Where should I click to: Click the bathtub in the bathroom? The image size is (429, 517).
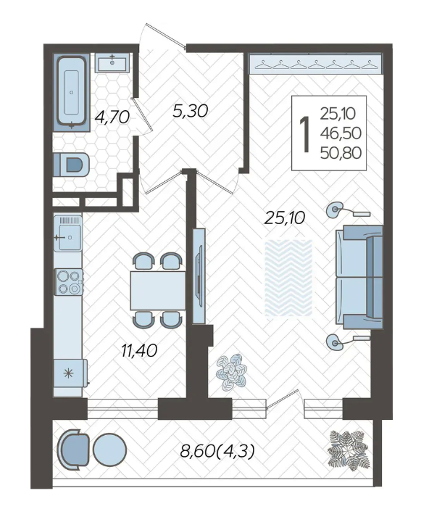72,92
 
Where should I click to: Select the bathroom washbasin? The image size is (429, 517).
112,62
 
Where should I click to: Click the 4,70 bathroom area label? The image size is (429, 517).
112,117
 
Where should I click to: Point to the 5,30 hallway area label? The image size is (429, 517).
190,111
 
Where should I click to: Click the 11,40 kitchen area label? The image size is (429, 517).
139,350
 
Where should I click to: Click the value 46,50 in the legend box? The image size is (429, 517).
341,133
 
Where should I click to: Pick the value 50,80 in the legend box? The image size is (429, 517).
341,153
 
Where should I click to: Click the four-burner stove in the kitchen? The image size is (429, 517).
69,282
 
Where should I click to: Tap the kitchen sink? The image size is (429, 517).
68,233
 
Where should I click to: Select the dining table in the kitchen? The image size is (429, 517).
157,291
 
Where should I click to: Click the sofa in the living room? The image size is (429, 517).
359,277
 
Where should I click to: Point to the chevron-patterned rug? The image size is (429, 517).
288,278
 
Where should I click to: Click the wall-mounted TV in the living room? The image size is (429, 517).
199,276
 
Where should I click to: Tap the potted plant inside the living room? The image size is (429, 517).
232,372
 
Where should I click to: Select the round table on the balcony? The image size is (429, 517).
109,450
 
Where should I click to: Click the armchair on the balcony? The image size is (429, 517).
73,450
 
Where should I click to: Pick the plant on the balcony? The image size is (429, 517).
349,451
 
